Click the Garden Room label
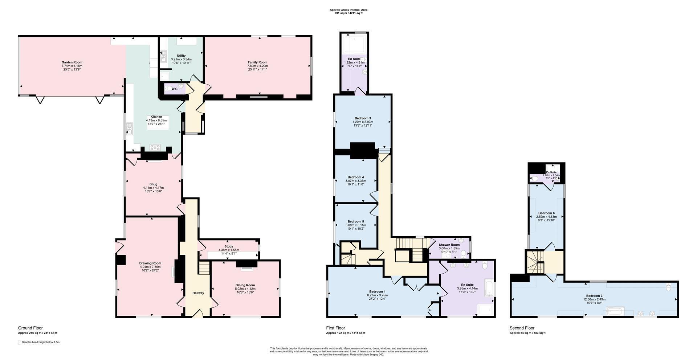click(72, 62)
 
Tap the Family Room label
click(257, 62)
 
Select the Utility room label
click(181, 56)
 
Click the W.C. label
click(175, 89)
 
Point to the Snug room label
click(153, 184)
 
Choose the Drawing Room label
click(150, 263)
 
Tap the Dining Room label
click(245, 285)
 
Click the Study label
click(229, 246)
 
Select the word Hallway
click(198, 293)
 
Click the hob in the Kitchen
click(155, 147)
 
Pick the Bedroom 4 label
click(356, 177)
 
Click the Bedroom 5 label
click(356, 221)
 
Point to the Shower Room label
click(449, 245)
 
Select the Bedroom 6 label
click(546, 213)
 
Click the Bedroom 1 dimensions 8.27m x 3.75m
click(377, 295)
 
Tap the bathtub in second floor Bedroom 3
click(615, 311)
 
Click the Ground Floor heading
click(30, 328)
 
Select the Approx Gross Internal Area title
click(348, 10)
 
